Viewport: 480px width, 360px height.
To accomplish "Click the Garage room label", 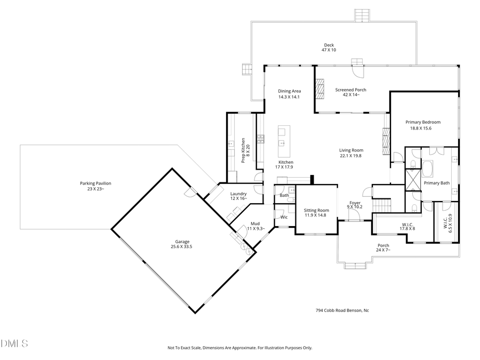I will (x=181, y=244).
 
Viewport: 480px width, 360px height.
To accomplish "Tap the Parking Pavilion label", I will (x=96, y=186).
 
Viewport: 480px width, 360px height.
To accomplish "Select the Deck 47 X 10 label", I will (x=329, y=47).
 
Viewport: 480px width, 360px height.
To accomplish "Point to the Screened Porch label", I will (x=350, y=92).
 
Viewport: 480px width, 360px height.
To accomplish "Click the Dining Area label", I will (x=290, y=94).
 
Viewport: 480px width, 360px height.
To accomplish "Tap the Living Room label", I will (x=351, y=153).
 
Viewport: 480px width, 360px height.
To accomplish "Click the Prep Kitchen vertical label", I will (x=245, y=150).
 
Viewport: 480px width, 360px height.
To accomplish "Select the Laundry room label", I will (x=238, y=196).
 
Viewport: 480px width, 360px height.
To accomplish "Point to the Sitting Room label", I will (x=316, y=213).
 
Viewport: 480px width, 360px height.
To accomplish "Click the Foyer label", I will (x=355, y=205).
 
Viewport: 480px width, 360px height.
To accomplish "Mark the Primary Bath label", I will (x=437, y=183).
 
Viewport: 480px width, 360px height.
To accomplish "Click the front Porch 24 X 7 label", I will (x=383, y=247).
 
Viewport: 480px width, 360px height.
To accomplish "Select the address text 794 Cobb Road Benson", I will (x=342, y=310).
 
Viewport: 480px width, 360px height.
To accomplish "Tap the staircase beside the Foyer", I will (x=381, y=204).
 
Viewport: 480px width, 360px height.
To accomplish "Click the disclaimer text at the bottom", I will (x=240, y=348).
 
